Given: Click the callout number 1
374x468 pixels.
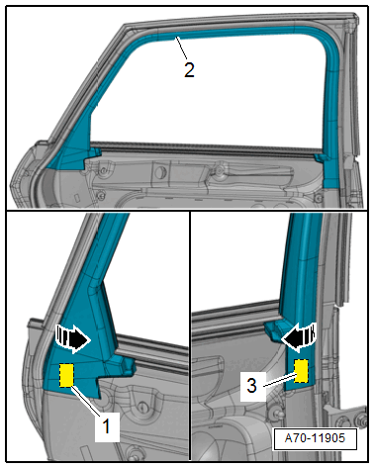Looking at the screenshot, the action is (106, 426).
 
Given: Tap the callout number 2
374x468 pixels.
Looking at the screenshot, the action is (189, 70).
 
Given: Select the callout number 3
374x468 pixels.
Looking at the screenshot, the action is (251, 385).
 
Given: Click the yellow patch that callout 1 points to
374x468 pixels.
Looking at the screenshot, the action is (66, 375).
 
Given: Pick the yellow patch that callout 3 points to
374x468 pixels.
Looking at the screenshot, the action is (301, 371).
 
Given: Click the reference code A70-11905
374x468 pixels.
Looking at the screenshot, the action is (315, 438).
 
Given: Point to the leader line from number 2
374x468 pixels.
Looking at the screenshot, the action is (181, 48).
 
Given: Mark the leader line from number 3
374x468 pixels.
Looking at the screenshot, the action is (279, 379).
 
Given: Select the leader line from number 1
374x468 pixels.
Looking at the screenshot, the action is (86, 401).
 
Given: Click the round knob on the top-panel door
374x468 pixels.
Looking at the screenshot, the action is (160, 171).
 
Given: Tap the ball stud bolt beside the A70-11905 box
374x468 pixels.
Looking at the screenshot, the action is (276, 413).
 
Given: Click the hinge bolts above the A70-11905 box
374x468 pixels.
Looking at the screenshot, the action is (350, 420).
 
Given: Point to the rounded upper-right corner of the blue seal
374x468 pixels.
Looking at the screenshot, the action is (328, 41).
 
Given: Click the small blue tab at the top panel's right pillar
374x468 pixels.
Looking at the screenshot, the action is (319, 157).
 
